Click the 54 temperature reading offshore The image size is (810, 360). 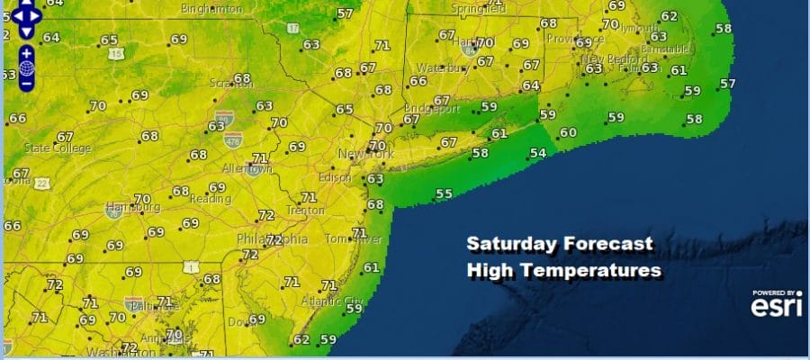[x=537, y=154]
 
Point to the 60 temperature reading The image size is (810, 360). [x=568, y=133]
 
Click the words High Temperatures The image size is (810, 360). [x=564, y=269]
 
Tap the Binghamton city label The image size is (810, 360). [x=211, y=8]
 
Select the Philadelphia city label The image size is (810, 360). [x=272, y=240]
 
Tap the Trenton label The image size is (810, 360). [x=305, y=210]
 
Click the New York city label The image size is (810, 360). [x=366, y=155]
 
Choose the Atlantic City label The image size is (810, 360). [x=323, y=301]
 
